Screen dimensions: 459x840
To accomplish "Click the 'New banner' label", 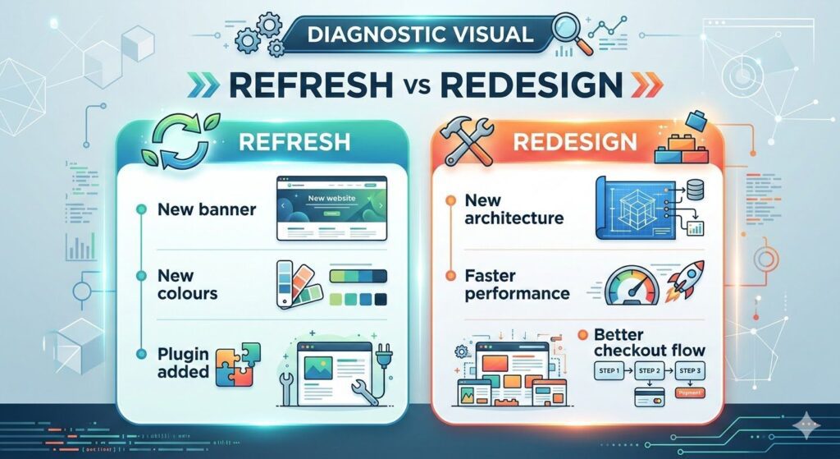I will click(206, 209).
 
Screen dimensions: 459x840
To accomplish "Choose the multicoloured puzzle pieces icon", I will click(238, 365).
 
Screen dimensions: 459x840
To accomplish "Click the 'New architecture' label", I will click(514, 209).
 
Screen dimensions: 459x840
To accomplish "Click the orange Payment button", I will click(692, 394).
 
